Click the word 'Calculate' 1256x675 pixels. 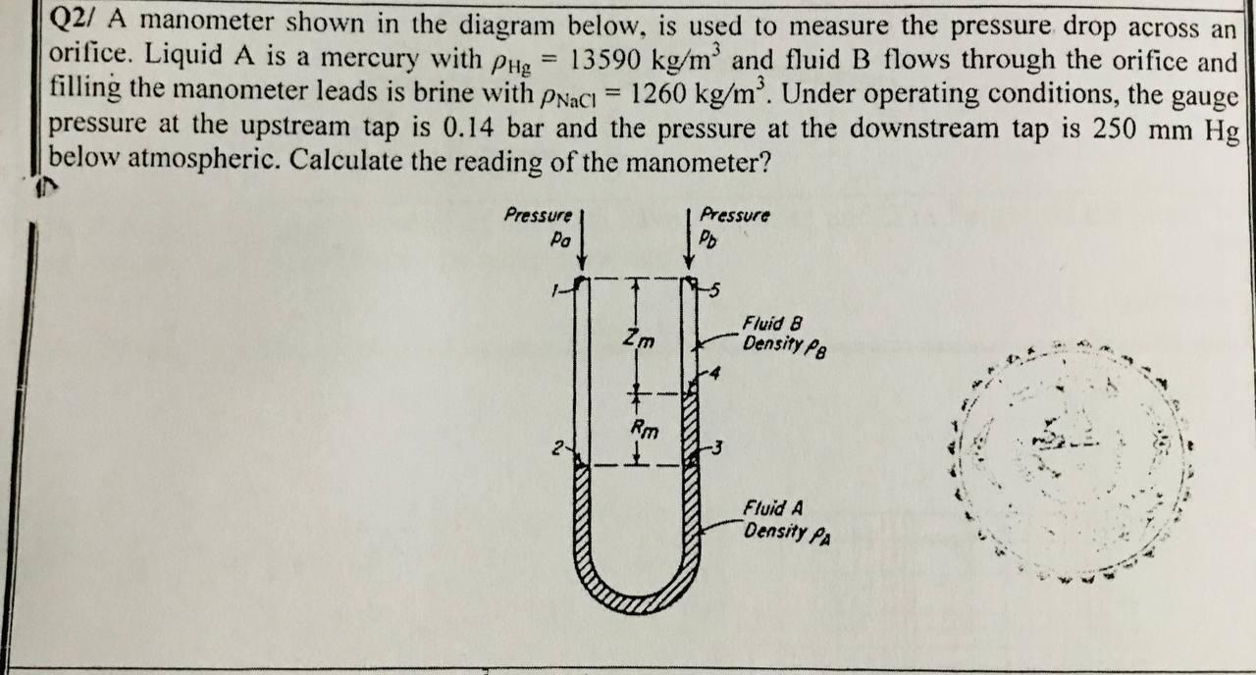pyautogui.click(x=336, y=160)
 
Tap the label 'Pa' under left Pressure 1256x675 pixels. pyautogui.click(x=560, y=238)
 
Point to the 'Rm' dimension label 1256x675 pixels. pyautogui.click(x=644, y=428)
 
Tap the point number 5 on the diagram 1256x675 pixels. pyautogui.click(x=714, y=288)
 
